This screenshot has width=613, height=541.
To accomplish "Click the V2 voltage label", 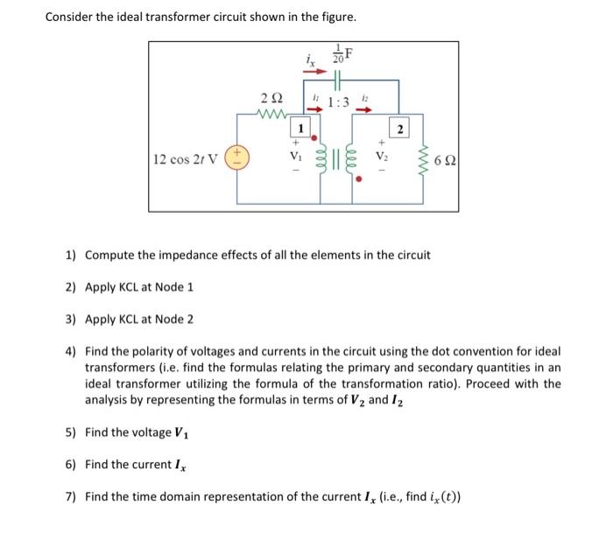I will point(381,158).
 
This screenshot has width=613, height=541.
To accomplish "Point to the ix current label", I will point(310,60).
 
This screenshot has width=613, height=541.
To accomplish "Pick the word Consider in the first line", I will point(71,18).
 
